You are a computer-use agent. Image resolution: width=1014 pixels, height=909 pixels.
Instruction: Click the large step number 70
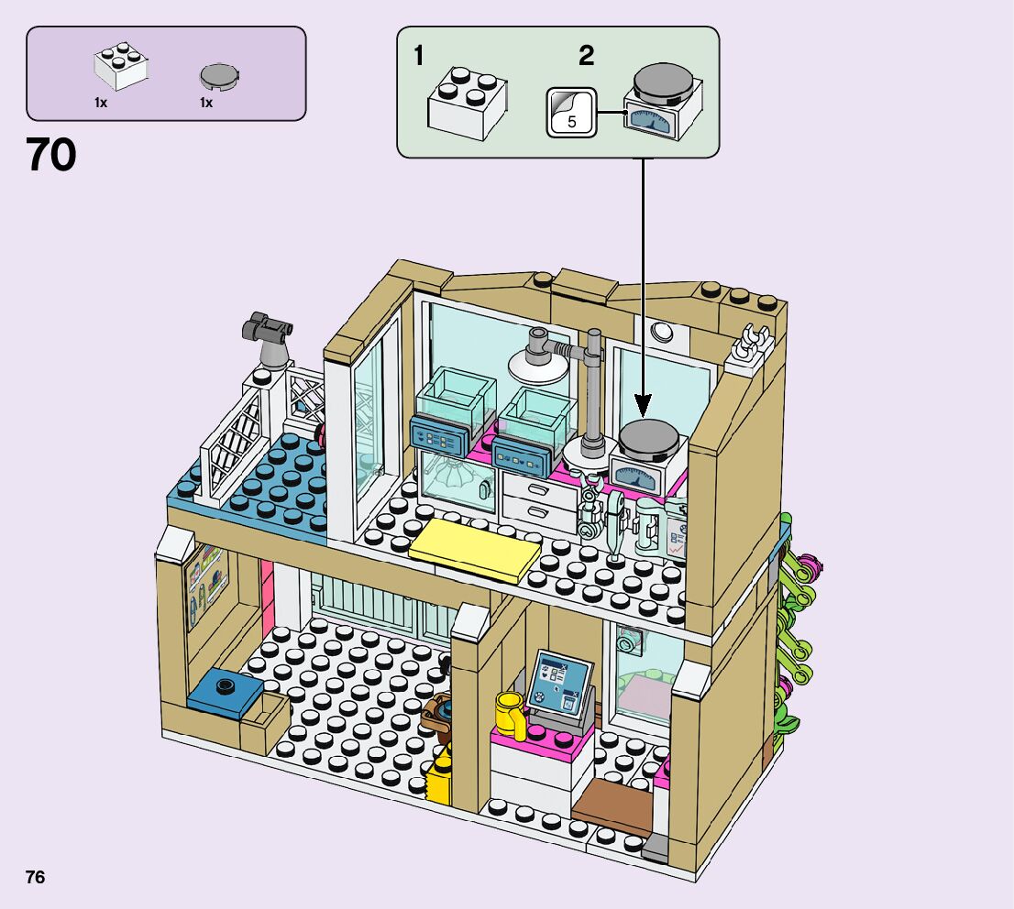pos(51,155)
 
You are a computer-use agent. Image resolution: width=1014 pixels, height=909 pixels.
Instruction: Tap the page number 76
pos(36,877)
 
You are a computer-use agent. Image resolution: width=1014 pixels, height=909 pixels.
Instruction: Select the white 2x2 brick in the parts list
pos(121,67)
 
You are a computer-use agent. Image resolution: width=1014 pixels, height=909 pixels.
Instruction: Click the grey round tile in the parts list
pos(218,76)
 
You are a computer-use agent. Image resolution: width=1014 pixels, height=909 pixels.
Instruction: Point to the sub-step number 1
pos(419,57)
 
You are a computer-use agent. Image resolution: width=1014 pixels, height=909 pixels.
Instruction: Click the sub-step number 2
pos(586,57)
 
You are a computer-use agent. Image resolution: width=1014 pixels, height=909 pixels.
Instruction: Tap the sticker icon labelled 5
pos(571,113)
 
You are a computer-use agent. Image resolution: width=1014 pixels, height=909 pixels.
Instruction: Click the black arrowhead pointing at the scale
pos(643,403)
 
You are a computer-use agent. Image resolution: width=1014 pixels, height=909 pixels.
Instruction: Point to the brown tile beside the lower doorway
pos(612,798)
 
